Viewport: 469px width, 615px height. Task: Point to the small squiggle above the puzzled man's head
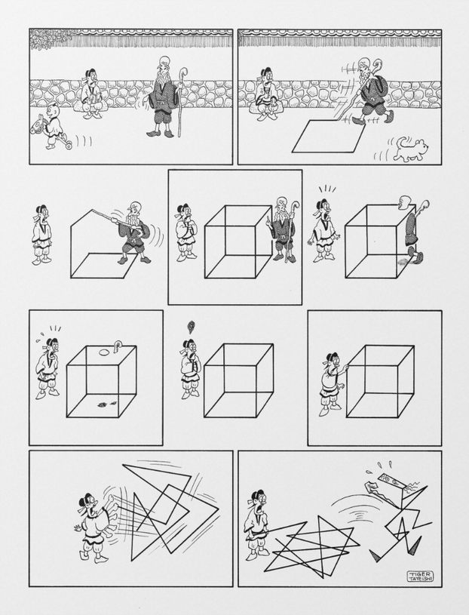[192, 327]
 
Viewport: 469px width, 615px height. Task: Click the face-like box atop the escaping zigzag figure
[394, 481]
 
